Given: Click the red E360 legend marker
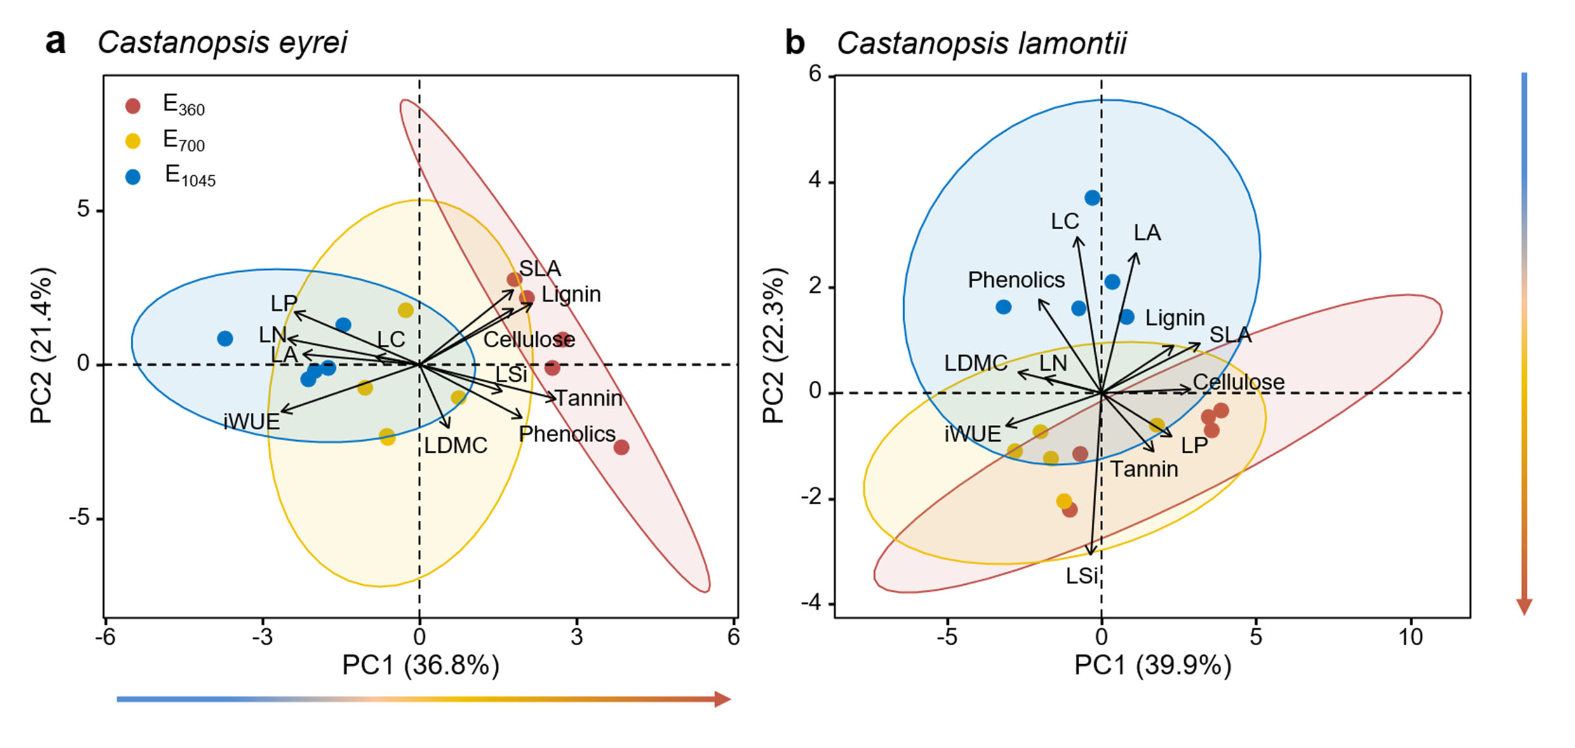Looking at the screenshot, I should pyautogui.click(x=133, y=106).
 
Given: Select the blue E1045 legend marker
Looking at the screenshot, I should pyautogui.click(x=133, y=177).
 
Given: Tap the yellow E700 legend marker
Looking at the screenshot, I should pyautogui.click(x=133, y=141).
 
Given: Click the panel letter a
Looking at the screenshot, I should pyautogui.click(x=56, y=42).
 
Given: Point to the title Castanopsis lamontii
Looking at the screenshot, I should pyautogui.click(x=981, y=44).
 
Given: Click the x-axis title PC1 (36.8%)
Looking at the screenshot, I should pyautogui.click(x=420, y=665).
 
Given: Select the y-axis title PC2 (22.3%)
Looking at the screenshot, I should pyautogui.click(x=774, y=345).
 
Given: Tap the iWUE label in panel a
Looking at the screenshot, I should pyautogui.click(x=251, y=422).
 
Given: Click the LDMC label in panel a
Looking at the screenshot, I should pyautogui.click(x=455, y=446).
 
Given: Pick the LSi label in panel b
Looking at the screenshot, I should pyautogui.click(x=1082, y=576).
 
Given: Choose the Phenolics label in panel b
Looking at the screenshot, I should pyautogui.click(x=1015, y=280).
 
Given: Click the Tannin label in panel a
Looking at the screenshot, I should pyautogui.click(x=589, y=398).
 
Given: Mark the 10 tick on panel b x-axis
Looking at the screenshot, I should pyautogui.click(x=1411, y=637).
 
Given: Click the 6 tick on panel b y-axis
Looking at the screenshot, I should pyautogui.click(x=815, y=74).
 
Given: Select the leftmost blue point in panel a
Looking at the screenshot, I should pyautogui.click(x=225, y=338).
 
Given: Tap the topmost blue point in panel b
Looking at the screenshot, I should pyautogui.click(x=1092, y=197).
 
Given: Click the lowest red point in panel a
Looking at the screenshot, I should pyautogui.click(x=621, y=447).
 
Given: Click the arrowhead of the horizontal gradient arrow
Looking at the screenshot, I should pyautogui.click(x=723, y=699).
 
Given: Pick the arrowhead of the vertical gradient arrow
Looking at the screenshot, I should pyautogui.click(x=1524, y=606).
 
